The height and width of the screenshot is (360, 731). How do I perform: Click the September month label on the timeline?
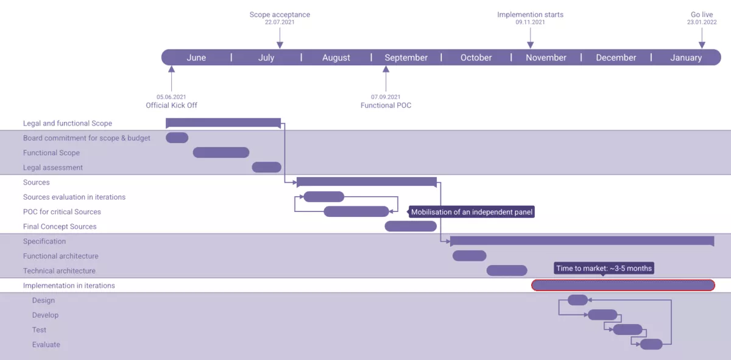pyautogui.click(x=406, y=58)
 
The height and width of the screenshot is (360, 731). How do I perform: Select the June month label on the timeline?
pyautogui.click(x=196, y=58)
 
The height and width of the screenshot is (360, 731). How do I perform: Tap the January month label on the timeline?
pyautogui.click(x=686, y=58)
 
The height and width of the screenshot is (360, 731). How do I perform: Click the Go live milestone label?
pyautogui.click(x=702, y=15)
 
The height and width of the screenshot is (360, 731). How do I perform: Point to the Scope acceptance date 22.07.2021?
pyautogui.click(x=280, y=23)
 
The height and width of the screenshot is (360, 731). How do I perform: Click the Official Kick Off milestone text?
pyautogui.click(x=171, y=105)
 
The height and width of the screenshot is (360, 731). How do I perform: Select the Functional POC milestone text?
pyautogui.click(x=386, y=105)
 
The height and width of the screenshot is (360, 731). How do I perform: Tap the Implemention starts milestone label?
pyautogui.click(x=530, y=15)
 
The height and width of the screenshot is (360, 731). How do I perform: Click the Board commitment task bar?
pyautogui.click(x=177, y=138)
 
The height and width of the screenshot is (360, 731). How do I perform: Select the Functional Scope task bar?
pyautogui.click(x=221, y=152)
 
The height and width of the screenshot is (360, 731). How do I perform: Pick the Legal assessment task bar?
pyautogui.click(x=266, y=167)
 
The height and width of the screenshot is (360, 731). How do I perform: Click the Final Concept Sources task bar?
pyautogui.click(x=411, y=226)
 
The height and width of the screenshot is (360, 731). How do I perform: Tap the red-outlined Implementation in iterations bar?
pyautogui.click(x=623, y=285)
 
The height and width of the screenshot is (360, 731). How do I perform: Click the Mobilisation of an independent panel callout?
pyautogui.click(x=471, y=212)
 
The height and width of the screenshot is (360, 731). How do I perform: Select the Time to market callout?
pyautogui.click(x=604, y=268)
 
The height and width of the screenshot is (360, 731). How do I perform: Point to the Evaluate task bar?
pyautogui.click(x=651, y=344)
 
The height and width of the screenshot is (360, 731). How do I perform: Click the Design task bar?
pyautogui.click(x=577, y=300)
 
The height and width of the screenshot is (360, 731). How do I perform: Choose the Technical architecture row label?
pyautogui.click(x=59, y=271)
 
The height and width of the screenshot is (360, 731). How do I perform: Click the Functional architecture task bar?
pyautogui.click(x=469, y=256)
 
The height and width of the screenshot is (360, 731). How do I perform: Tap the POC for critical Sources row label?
pyautogui.click(x=62, y=212)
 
